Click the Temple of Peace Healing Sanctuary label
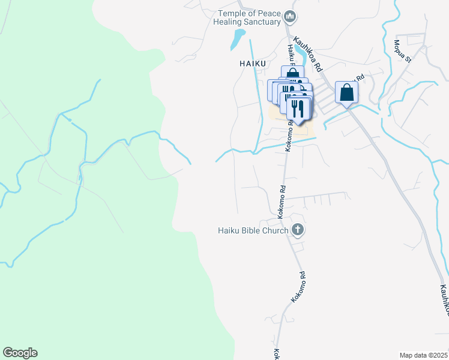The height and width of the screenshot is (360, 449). [249, 18]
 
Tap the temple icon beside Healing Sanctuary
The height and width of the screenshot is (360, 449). [291, 16]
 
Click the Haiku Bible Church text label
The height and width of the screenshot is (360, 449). [253, 230]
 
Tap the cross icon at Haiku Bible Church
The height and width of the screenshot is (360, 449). [297, 230]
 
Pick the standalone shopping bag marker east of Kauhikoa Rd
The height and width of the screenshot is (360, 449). [347, 93]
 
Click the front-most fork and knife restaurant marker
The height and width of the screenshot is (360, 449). [297, 109]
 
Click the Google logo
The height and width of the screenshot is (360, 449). [20, 353]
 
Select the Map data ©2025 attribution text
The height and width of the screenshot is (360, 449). [423, 355]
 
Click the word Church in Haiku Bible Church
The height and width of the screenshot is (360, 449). [274, 230]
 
